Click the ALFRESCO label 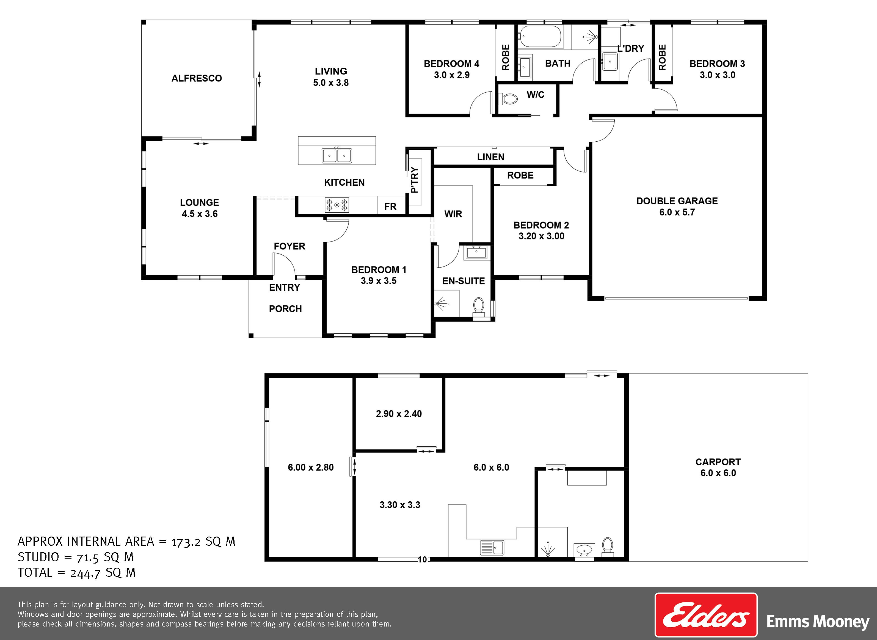click(x=197, y=78)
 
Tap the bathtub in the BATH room click(x=540, y=37)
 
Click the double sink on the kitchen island click(x=337, y=156)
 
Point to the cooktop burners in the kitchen click(x=337, y=205)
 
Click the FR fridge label click(x=390, y=207)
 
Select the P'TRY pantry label click(x=415, y=180)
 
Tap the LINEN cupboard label click(x=490, y=157)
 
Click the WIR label click(x=453, y=214)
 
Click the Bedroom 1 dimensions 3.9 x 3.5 click(x=379, y=281)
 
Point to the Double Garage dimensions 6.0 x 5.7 click(x=677, y=212)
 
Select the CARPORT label click(x=718, y=462)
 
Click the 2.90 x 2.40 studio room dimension click(x=399, y=414)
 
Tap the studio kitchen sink click(x=492, y=547)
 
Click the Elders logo click(x=706, y=615)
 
